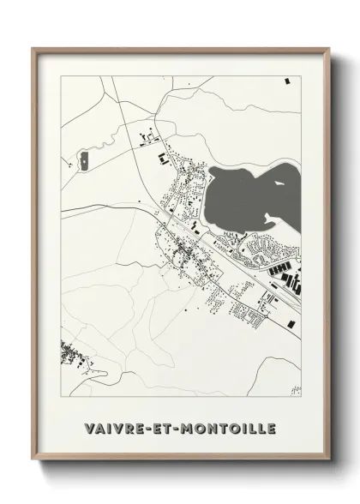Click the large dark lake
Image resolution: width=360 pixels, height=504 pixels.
click(236, 199)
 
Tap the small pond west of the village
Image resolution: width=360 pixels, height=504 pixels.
click(87, 159)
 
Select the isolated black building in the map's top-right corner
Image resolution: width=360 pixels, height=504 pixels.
click(287, 81)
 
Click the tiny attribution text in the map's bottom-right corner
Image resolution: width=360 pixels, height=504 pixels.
click(296, 391)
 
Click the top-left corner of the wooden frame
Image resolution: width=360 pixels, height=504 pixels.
click(34, 49)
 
